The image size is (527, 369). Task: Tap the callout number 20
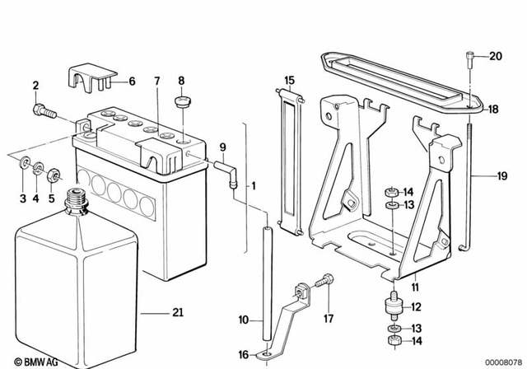495,57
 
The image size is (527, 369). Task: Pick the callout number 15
289,81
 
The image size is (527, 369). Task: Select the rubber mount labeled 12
392,306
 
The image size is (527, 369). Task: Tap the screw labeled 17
324,280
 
